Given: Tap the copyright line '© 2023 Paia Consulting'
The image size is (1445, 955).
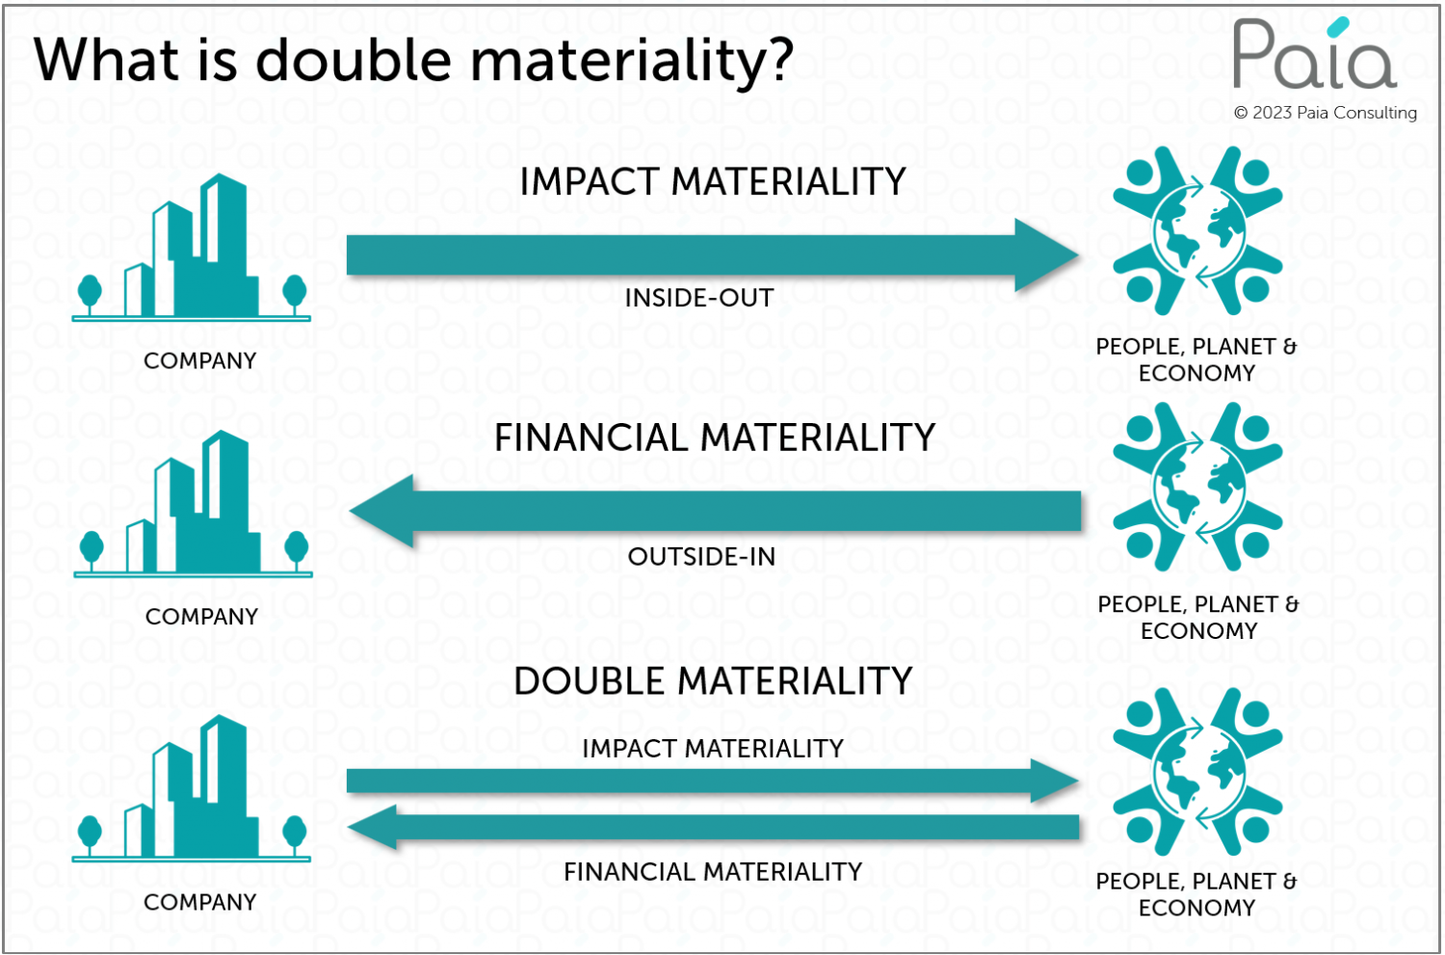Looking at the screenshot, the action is [x=1325, y=113].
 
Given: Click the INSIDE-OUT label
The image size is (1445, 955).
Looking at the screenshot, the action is [x=699, y=298].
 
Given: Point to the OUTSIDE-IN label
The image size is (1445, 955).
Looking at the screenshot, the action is [x=701, y=557].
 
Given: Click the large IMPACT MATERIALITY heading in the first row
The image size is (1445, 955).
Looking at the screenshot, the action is [x=713, y=181].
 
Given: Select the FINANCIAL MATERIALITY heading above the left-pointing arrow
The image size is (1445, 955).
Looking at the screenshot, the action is [x=715, y=438].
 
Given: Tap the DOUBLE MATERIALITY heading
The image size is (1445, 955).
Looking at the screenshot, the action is [x=713, y=680].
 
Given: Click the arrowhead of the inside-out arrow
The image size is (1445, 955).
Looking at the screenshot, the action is [x=1046, y=255].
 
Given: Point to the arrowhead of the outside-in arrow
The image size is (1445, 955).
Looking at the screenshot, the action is [x=381, y=511].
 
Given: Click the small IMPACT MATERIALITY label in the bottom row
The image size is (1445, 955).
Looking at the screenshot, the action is [x=713, y=749].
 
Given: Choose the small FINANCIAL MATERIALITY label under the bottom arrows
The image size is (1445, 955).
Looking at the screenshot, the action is [x=713, y=872].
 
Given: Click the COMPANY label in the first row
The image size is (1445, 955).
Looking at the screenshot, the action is [x=200, y=360].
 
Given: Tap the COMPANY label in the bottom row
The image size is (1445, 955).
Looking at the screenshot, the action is [x=200, y=902].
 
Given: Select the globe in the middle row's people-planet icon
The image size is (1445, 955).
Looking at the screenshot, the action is [x=1198, y=488].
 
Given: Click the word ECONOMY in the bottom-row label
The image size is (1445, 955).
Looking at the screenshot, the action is [x=1196, y=908].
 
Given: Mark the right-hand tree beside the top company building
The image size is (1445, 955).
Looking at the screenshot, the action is [x=295, y=294].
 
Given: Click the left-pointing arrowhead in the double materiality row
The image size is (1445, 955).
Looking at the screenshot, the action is [x=372, y=827].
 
